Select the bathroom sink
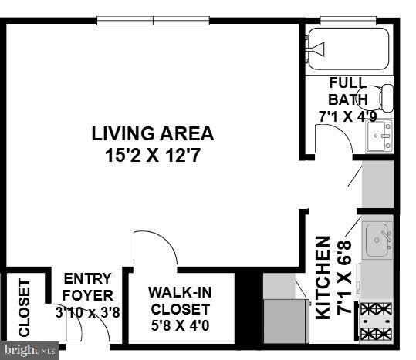point(380,138)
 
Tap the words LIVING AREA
point(152,133)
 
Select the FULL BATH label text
point(343,91)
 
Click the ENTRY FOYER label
point(87,287)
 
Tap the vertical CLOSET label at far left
point(23,308)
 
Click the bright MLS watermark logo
point(29,352)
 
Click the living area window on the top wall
point(154,21)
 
